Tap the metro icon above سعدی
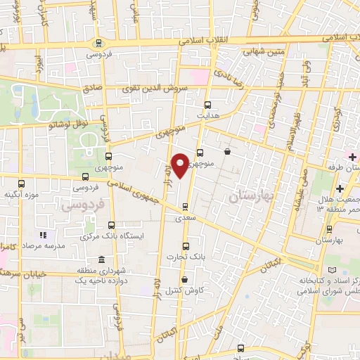pos(185,207)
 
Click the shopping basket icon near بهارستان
pos(226,151)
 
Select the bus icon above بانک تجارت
pos(186,246)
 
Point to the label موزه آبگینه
pos(21,193)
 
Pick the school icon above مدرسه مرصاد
pos(42,235)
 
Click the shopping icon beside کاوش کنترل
pos(165,280)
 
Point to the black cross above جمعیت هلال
pos(340,188)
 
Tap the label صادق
pos(92,89)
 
